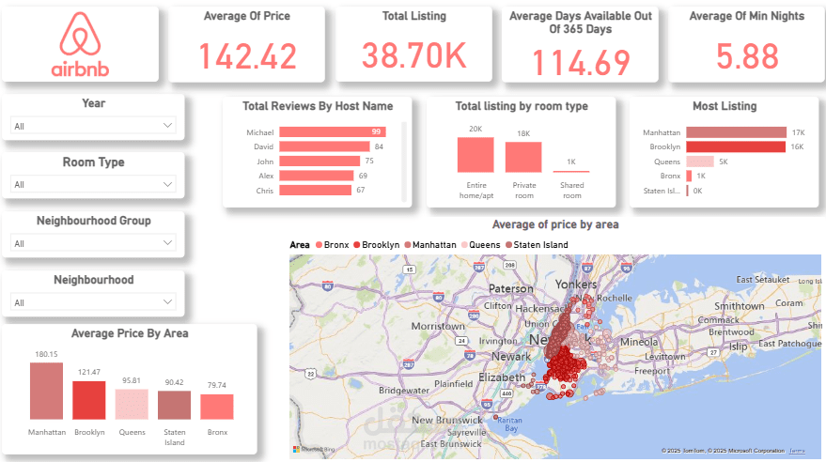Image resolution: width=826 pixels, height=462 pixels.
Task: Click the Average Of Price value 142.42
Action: [x=248, y=56]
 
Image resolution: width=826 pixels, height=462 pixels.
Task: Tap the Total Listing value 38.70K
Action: [x=414, y=56]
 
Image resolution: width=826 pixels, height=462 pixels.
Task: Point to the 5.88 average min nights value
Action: [x=747, y=56]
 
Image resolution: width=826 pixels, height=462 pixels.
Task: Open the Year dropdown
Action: [x=92, y=126]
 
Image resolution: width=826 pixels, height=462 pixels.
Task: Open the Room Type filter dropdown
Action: [x=92, y=184]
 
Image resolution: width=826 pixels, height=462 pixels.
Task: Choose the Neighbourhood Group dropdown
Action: [x=92, y=243]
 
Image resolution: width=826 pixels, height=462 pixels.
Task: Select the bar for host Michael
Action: [x=331, y=132]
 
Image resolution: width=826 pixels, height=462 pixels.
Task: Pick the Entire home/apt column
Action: [x=475, y=155]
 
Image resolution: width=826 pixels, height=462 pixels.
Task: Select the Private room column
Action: [x=523, y=157]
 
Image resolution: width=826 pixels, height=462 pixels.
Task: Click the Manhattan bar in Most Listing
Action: [x=736, y=132]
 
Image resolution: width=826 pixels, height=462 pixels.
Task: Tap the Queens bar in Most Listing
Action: [x=700, y=162]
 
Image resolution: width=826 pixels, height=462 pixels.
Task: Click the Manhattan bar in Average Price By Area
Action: [x=46, y=391]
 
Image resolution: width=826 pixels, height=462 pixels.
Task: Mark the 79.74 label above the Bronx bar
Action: [x=216, y=385]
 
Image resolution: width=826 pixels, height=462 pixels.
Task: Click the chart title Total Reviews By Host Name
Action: [x=318, y=106]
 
